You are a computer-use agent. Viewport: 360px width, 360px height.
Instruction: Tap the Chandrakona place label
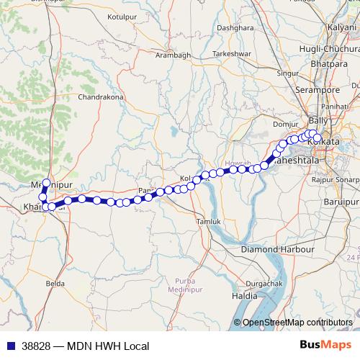(x=101, y=96)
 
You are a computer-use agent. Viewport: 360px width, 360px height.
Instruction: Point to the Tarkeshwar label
(x=231, y=54)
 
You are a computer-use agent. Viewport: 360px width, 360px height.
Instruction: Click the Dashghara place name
(x=236, y=28)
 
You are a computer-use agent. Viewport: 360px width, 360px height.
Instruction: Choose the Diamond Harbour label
(x=278, y=248)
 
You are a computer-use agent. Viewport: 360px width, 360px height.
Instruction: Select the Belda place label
(x=55, y=284)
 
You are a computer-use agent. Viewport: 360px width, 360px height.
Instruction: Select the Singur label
(x=288, y=73)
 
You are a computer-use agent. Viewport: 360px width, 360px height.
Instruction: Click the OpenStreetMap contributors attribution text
(x=297, y=323)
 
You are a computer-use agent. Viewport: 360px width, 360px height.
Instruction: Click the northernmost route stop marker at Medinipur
(x=46, y=184)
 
